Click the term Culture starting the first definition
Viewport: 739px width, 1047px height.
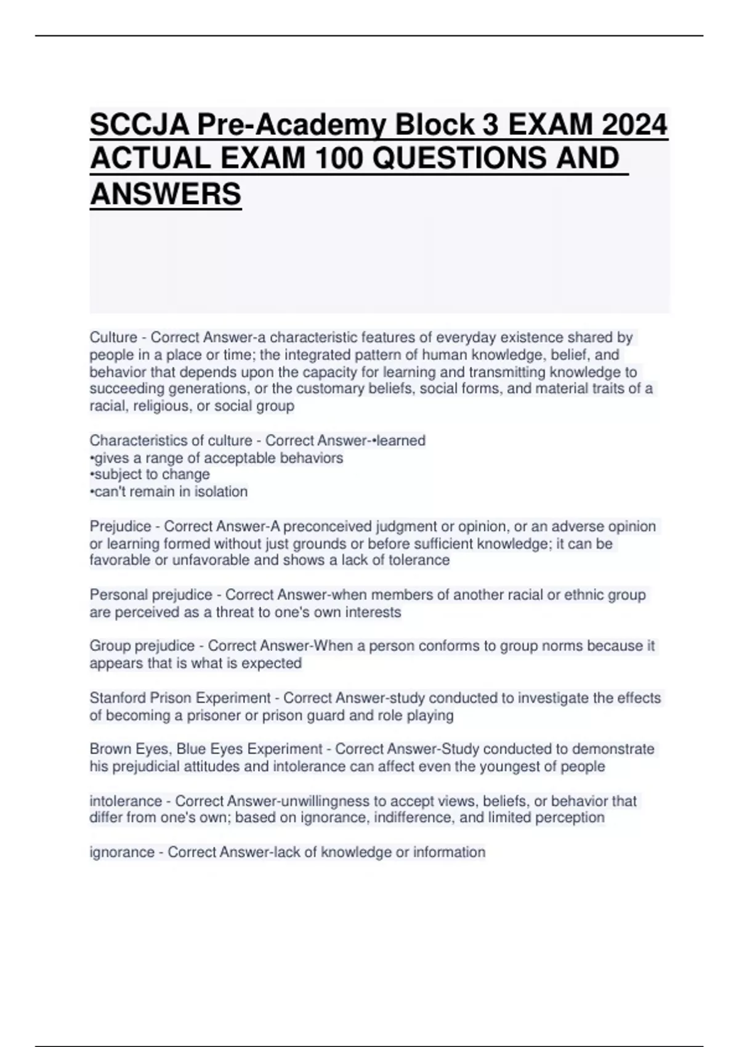[x=113, y=338]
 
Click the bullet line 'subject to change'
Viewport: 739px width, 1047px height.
[x=151, y=474]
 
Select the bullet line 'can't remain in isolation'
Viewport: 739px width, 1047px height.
[x=169, y=491]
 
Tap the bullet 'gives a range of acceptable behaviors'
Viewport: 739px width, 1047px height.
[x=217, y=458]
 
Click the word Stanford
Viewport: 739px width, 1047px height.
[x=118, y=698]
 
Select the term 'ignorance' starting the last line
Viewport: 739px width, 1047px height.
[x=121, y=852]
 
